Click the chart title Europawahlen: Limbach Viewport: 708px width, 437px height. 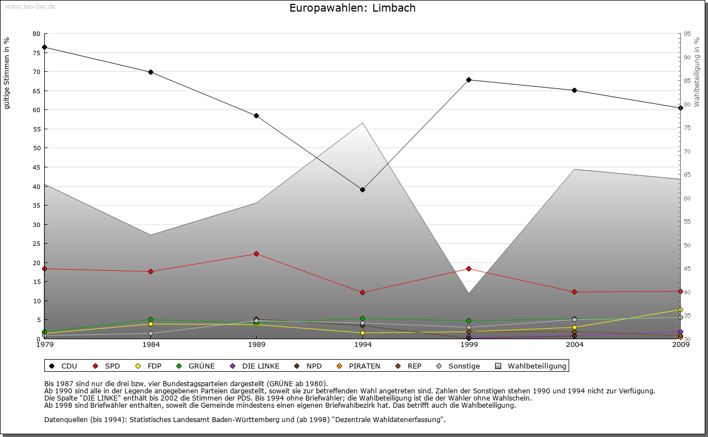click(x=352, y=8)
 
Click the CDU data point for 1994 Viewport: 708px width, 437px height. click(x=362, y=189)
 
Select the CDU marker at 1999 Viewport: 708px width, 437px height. click(x=468, y=80)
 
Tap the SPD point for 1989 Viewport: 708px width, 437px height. click(x=256, y=254)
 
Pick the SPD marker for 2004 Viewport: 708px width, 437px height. click(x=575, y=292)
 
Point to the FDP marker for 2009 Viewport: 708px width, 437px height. click(x=680, y=309)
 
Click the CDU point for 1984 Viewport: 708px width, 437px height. click(x=150, y=72)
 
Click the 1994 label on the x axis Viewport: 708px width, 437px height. click(x=362, y=345)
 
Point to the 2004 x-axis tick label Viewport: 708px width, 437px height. click(x=575, y=345)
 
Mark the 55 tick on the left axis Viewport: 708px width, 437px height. click(x=37, y=129)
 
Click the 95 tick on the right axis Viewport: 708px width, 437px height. click(x=687, y=34)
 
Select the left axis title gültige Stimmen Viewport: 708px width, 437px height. click(x=7, y=73)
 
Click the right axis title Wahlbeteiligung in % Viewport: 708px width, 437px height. click(x=697, y=72)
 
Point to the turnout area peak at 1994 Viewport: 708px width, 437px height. click(x=362, y=123)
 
